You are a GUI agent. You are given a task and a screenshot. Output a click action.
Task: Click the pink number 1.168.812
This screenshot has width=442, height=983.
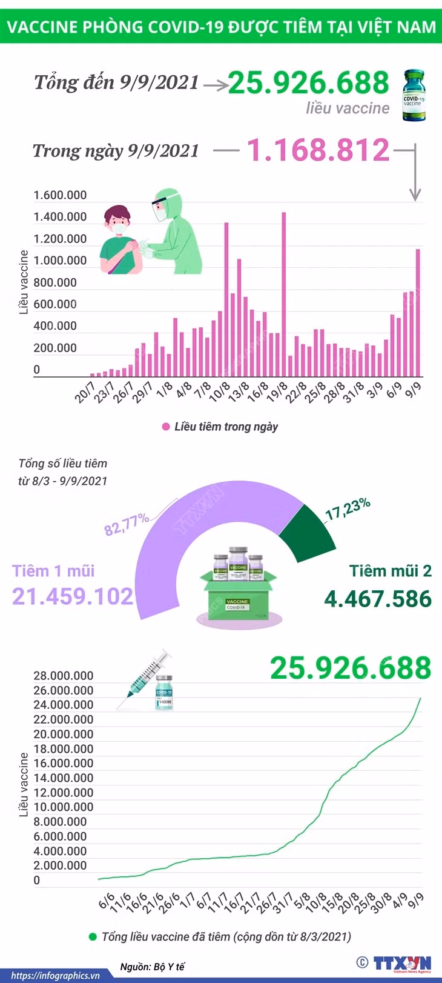coord(318,150)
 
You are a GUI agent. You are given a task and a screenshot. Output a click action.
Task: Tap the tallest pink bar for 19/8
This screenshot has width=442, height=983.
coord(284,295)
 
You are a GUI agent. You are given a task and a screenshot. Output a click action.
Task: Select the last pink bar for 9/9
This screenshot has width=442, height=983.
coord(418,313)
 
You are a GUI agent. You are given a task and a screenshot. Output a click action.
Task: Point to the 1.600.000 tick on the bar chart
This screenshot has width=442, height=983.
coord(60,195)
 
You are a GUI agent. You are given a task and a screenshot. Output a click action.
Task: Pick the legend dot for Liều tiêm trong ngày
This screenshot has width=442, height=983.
coord(166,427)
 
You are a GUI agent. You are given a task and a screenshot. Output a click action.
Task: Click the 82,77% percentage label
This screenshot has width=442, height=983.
coord(127,524)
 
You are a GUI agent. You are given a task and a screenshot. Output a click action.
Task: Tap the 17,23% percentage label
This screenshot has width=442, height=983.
coord(348,508)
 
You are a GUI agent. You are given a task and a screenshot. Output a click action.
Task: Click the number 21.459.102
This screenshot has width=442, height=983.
coord(73,596)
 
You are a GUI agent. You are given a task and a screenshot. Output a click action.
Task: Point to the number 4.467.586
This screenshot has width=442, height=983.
coord(378,599)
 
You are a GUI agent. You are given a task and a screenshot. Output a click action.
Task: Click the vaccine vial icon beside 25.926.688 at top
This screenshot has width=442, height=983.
coord(414,95)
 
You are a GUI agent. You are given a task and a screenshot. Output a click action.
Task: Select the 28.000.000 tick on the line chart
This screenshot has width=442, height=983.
coord(64,675)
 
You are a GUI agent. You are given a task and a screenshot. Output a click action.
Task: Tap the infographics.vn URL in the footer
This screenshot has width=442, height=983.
coord(55,976)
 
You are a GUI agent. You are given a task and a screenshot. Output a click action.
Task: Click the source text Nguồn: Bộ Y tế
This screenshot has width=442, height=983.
coord(152,966)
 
